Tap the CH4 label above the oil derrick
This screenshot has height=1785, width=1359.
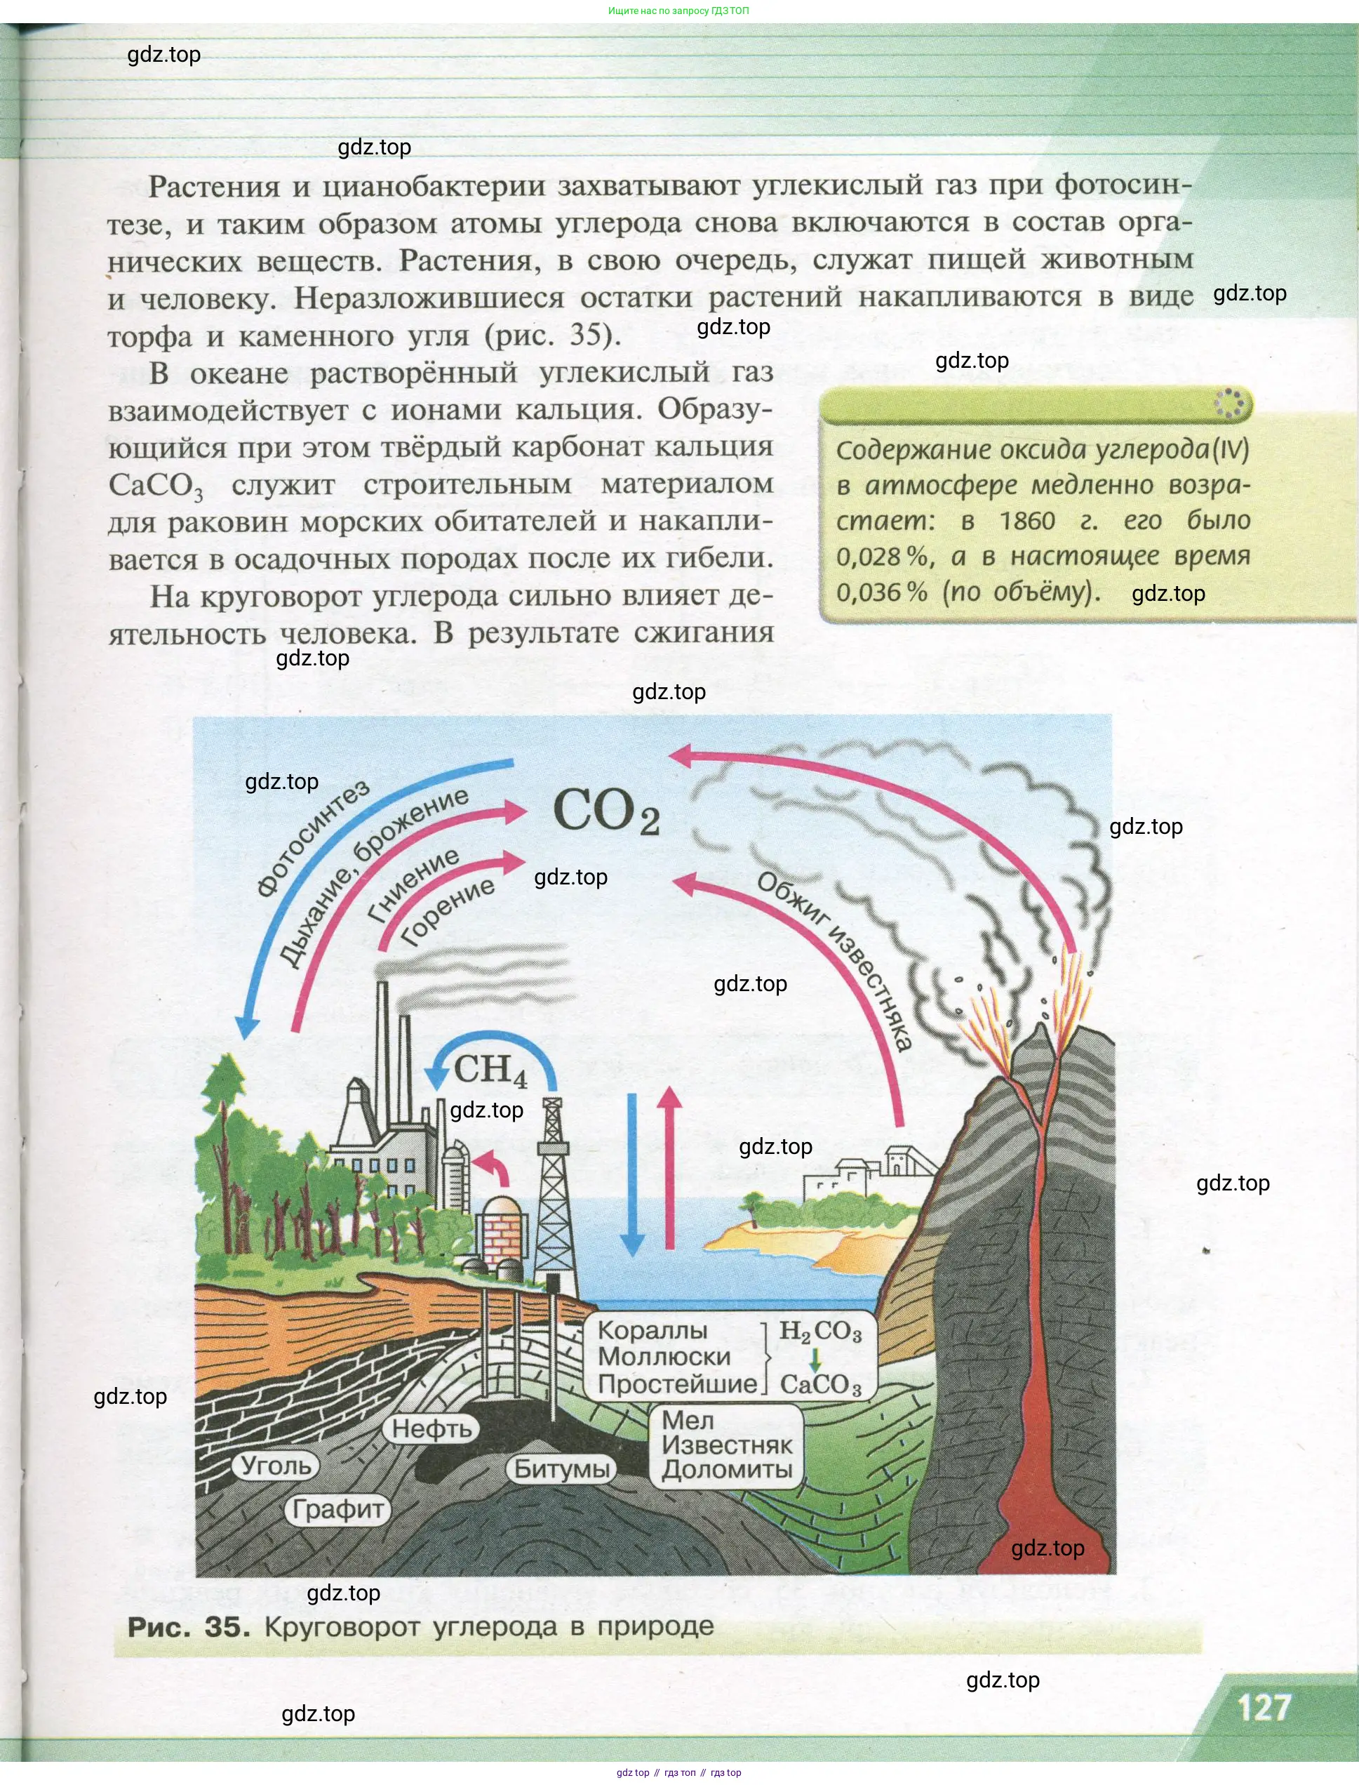click(490, 1070)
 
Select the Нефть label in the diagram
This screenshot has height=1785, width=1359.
click(431, 1428)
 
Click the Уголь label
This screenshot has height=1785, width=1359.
click(276, 1466)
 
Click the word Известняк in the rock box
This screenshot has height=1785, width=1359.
click(726, 1445)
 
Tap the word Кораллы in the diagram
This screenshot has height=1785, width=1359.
click(652, 1330)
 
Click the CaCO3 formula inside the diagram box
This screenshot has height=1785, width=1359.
click(820, 1384)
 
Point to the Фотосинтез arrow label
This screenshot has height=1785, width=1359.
click(312, 837)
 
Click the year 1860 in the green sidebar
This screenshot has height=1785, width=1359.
click(1026, 520)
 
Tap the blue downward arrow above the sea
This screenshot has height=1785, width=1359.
click(631, 1174)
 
